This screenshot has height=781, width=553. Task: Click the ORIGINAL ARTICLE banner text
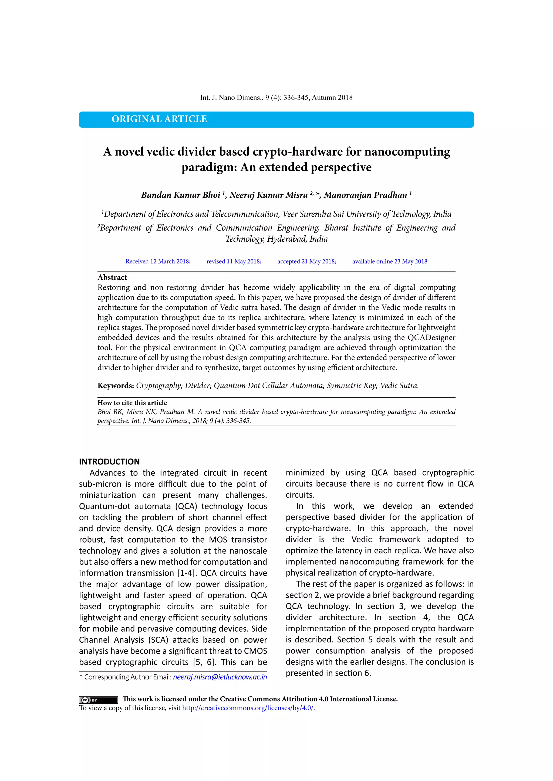pyautogui.click(x=159, y=119)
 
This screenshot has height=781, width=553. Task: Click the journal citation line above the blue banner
pyautogui.click(x=276, y=98)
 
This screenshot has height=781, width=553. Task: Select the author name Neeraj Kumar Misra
pyautogui.click(x=269, y=195)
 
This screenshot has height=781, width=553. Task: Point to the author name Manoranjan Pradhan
pyautogui.click(x=365, y=195)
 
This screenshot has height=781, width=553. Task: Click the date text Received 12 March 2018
pyautogui.click(x=158, y=261)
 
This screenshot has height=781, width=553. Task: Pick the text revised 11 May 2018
pyautogui.click(x=234, y=261)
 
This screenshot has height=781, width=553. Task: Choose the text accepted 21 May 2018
pyautogui.click(x=306, y=261)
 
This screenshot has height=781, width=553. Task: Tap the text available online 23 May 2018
pyautogui.click(x=390, y=261)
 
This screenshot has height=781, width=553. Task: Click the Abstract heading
pyautogui.click(x=112, y=278)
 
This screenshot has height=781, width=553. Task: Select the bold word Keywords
pyautogui.click(x=116, y=386)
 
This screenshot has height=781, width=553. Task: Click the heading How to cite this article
pyautogui.click(x=132, y=403)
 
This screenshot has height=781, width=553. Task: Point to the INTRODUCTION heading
pyautogui.click(x=109, y=462)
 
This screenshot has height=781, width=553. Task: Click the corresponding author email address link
pyautogui.click(x=220, y=677)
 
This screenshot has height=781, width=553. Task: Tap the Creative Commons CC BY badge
pyautogui.click(x=98, y=700)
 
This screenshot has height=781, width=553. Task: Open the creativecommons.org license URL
pyautogui.click(x=248, y=708)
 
